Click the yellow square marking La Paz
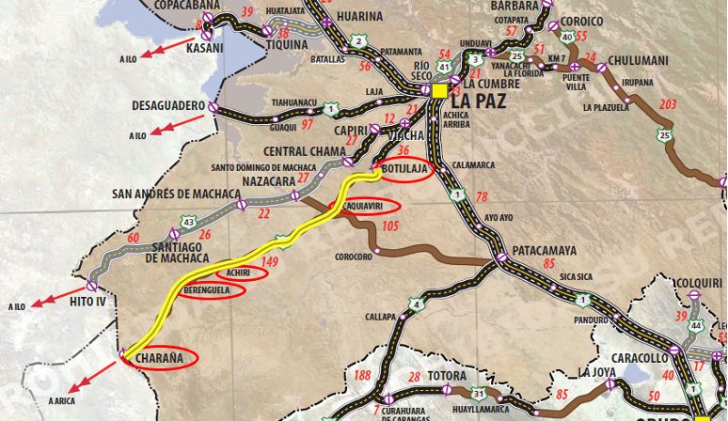tap(439, 90)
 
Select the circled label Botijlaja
tap(406, 169)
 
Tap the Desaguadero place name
tap(166, 105)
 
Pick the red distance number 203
tap(669, 103)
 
